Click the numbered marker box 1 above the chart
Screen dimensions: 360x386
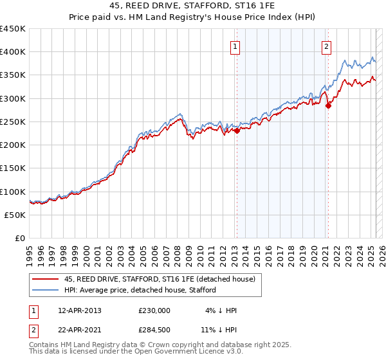click(x=235, y=47)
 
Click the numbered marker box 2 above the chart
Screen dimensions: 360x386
click(x=327, y=46)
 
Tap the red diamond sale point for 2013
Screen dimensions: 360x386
click(x=237, y=130)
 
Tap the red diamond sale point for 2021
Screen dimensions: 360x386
click(x=328, y=105)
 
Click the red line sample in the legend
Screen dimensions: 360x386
click(x=45, y=279)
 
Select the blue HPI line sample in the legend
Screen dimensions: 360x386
click(x=45, y=290)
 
